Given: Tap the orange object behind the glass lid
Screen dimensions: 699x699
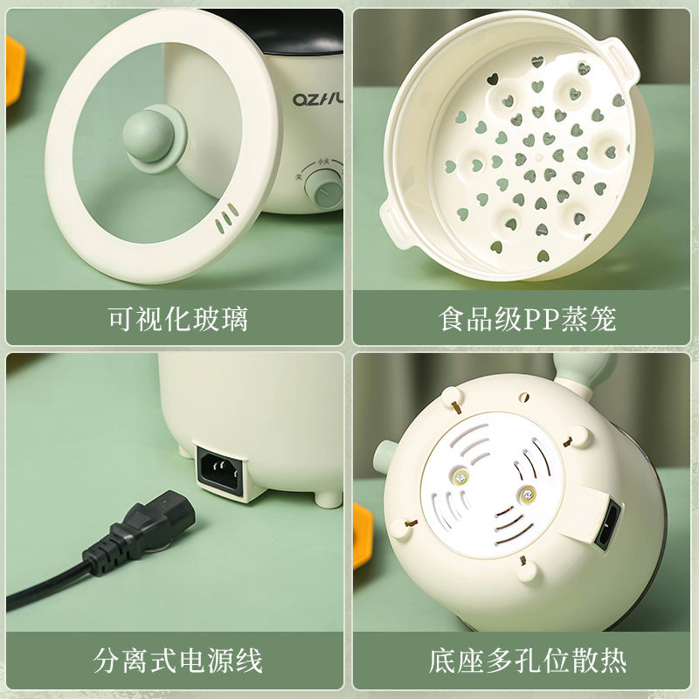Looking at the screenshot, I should click(x=15, y=70).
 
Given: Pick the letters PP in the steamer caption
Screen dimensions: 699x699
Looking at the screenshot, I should click(x=536, y=320).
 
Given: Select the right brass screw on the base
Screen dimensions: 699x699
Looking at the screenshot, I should click(x=526, y=495).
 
